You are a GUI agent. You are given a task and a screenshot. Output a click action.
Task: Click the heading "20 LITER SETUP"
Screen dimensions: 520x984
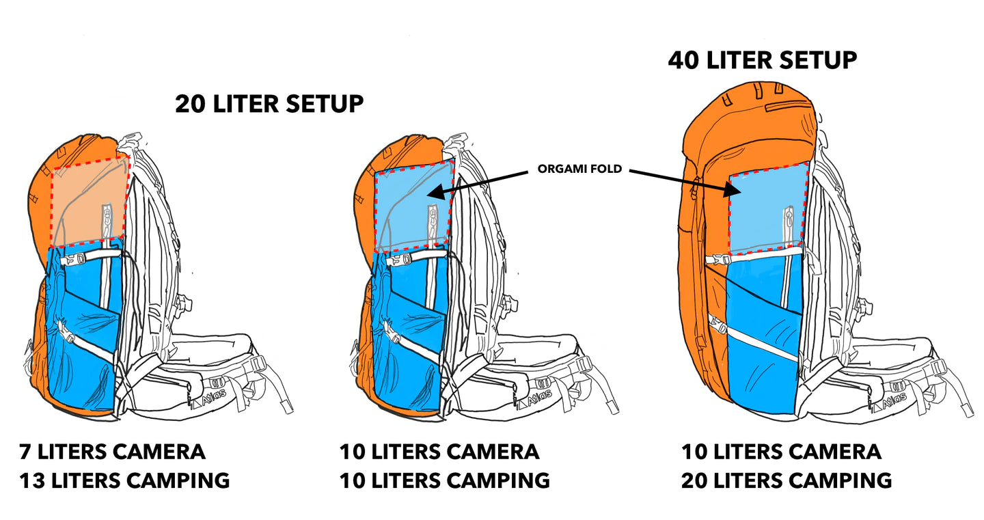coord(269,104)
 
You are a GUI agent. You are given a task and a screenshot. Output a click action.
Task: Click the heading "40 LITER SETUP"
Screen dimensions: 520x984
coord(762,60)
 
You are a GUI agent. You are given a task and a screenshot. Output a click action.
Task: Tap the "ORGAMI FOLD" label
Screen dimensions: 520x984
coord(579,169)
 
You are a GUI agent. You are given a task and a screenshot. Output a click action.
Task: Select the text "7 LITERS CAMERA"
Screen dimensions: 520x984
coord(112,452)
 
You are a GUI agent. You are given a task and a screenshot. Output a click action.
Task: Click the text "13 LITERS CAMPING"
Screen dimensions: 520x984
coord(124,480)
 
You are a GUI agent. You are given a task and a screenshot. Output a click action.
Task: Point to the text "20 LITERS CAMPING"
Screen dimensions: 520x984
coord(786,480)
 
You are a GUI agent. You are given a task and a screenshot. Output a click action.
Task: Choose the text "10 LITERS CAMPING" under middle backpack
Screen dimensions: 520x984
coord(444,480)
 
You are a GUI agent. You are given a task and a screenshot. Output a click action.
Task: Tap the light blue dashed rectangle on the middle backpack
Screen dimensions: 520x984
coord(413,205)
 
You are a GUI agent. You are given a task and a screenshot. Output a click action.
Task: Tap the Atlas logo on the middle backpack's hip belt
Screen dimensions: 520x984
coord(544,400)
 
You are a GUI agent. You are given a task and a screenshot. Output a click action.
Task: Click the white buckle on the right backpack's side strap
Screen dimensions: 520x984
coord(717,260)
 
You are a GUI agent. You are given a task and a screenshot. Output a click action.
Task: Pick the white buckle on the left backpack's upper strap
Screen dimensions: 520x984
coord(73,259)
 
